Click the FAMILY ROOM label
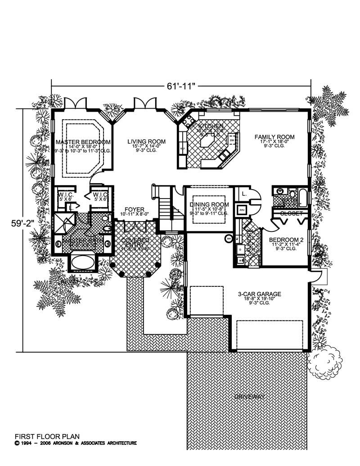point(274,137)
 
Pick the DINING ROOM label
point(209,204)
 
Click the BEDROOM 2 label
point(283,240)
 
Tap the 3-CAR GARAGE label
point(260,294)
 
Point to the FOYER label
point(135,210)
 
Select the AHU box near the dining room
point(241,210)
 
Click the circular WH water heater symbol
point(229,238)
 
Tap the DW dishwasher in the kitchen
point(232,140)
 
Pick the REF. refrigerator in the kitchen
point(183,149)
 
